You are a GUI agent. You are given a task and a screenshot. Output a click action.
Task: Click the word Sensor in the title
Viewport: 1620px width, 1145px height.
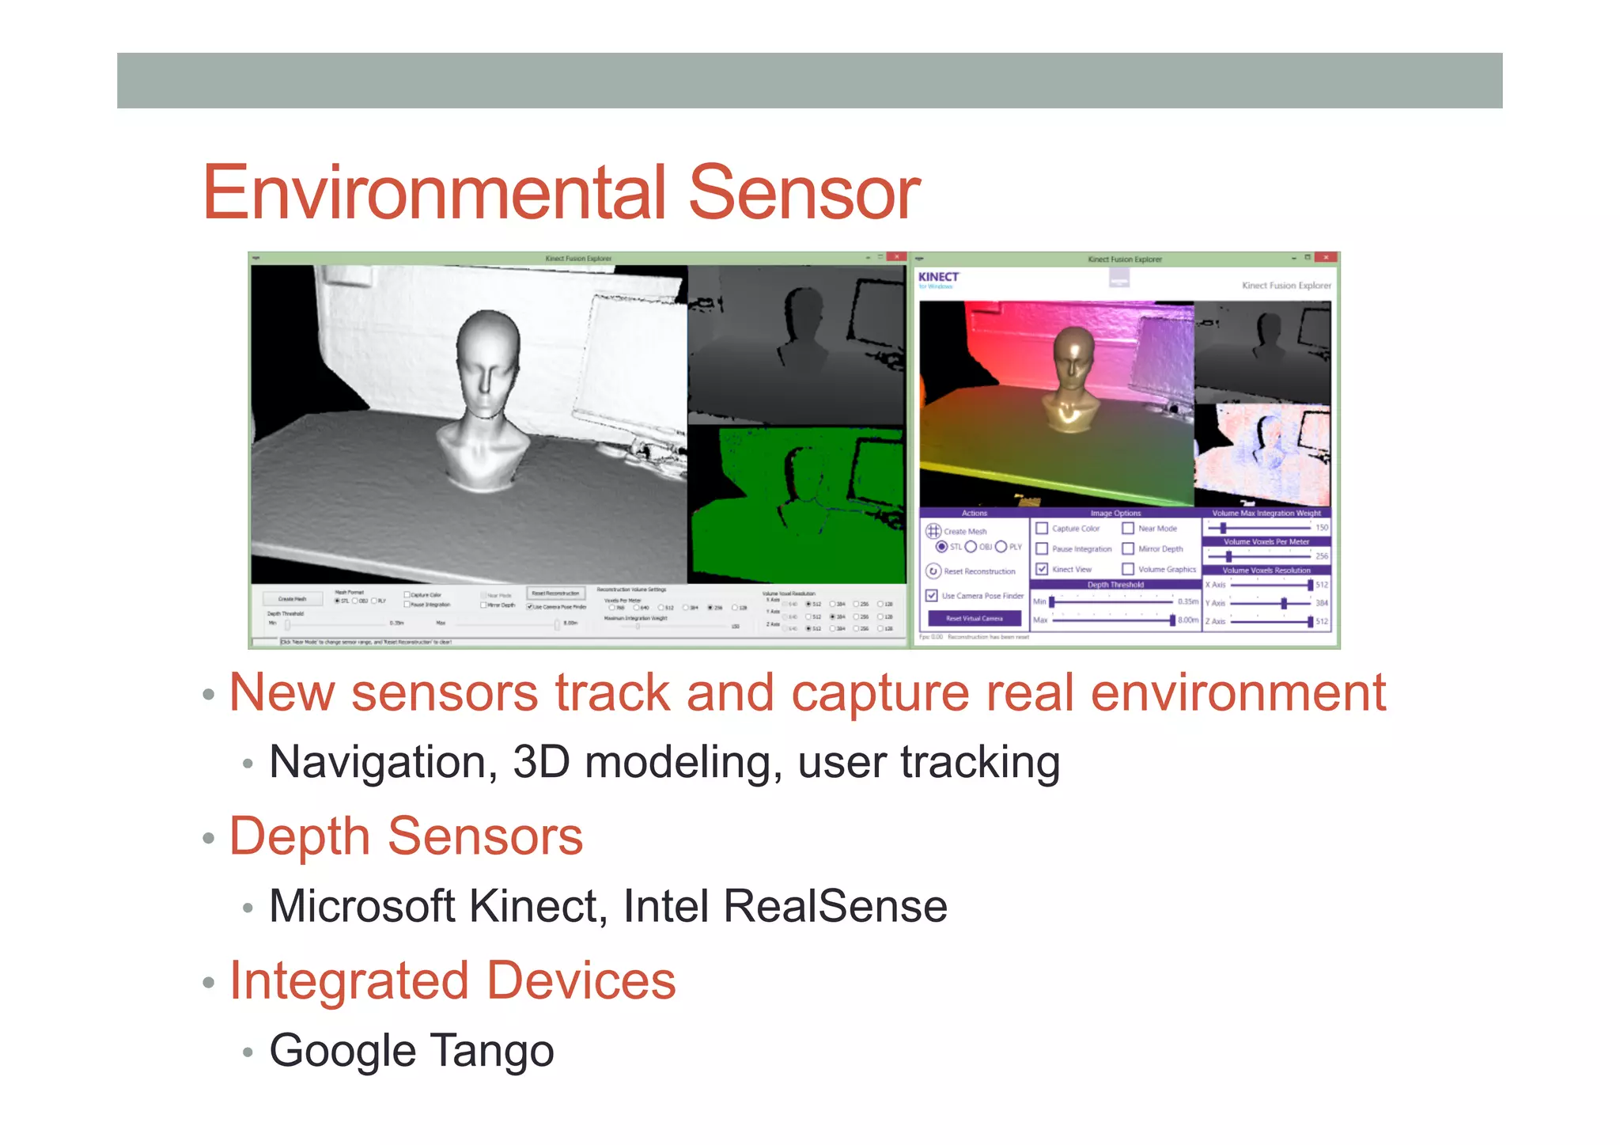point(804,192)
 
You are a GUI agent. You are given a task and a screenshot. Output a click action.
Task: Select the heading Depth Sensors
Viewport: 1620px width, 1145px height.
point(406,836)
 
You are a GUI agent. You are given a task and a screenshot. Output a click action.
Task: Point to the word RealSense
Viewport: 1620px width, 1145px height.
point(835,906)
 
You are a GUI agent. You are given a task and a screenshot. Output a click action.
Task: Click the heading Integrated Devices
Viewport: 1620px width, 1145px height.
point(452,980)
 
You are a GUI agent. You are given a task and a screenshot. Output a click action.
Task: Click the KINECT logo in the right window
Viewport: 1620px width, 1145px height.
point(938,278)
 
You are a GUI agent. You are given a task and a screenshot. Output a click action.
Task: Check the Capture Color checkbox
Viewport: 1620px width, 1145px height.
point(1042,528)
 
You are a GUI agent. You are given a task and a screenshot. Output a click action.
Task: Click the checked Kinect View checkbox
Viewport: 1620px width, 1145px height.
point(1042,569)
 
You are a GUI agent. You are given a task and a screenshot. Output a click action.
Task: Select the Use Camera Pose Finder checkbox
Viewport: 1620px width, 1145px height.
point(932,595)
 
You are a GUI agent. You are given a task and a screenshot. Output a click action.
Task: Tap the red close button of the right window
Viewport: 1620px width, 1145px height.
point(1327,258)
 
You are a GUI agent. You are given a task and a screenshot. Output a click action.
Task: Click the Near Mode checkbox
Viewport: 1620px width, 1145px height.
point(1128,528)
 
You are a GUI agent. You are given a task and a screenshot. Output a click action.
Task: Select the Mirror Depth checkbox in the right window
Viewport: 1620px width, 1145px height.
point(1128,548)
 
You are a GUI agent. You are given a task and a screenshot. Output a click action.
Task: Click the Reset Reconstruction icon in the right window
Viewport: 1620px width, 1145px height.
point(933,571)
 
